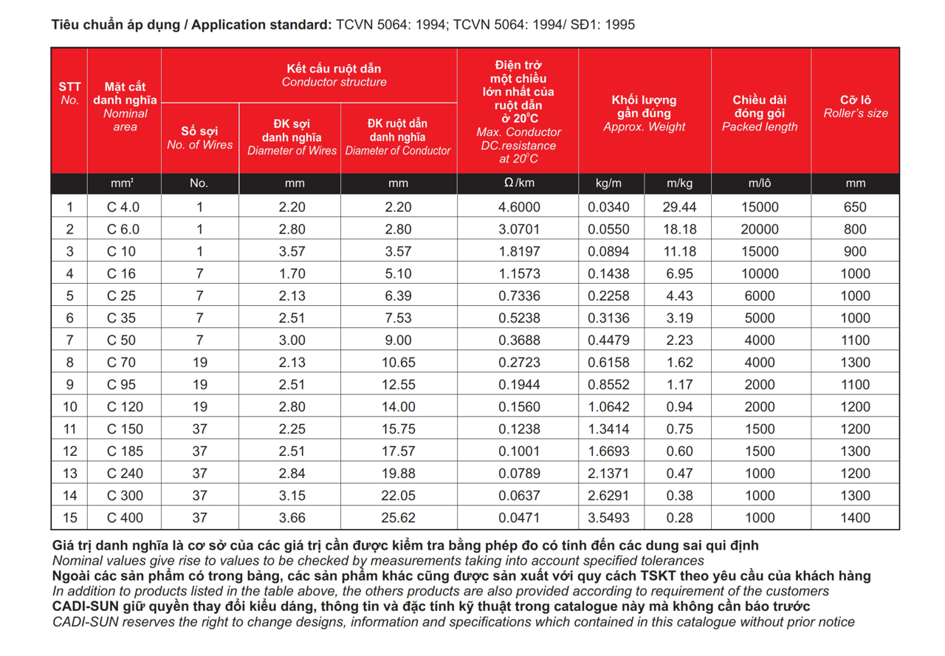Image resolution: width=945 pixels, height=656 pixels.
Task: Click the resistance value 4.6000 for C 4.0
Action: (519, 208)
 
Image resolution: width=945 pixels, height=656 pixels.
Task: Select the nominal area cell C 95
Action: (123, 385)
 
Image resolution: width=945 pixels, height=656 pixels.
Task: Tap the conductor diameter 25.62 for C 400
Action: (398, 518)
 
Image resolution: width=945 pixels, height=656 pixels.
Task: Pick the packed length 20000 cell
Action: (760, 230)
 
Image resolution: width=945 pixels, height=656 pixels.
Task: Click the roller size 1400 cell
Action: (855, 518)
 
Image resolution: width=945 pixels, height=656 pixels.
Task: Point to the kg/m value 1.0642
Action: (608, 407)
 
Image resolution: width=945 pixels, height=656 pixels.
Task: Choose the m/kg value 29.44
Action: (679, 208)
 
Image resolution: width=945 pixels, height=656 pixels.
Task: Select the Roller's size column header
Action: (855, 106)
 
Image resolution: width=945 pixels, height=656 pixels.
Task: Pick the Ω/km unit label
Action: (519, 183)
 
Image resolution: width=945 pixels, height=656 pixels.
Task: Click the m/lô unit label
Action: (760, 183)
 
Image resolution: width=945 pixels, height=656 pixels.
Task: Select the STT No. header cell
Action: (69, 93)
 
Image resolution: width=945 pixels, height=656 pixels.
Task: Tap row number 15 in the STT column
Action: (69, 518)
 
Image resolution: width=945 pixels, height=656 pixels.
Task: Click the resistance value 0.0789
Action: (519, 474)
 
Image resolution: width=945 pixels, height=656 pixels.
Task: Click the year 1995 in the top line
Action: (618, 25)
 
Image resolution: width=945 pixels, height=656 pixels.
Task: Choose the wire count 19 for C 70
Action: (199, 363)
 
